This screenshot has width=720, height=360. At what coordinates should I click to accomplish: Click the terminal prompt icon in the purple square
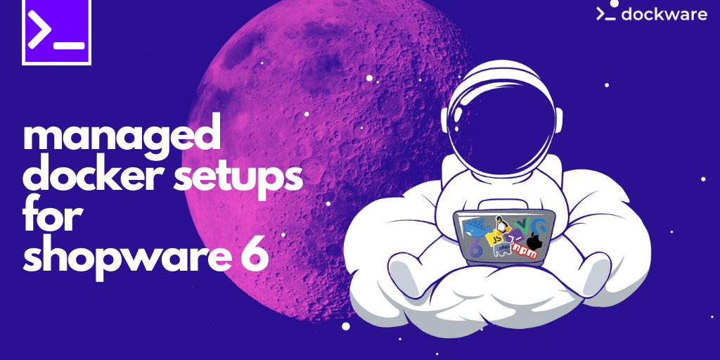[56, 33]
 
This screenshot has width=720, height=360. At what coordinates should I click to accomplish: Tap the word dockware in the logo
[664, 13]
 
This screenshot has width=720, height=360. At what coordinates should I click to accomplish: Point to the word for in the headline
[53, 217]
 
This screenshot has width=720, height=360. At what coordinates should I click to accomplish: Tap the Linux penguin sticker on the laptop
[502, 225]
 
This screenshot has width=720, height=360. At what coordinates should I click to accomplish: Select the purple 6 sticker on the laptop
[476, 247]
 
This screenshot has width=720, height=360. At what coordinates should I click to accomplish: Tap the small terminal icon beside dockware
[606, 13]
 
